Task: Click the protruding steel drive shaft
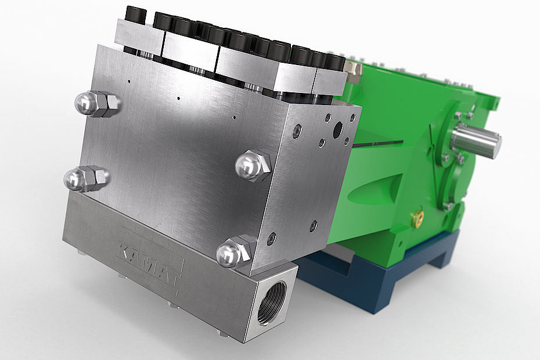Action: coord(477,139)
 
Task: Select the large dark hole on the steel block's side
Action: coord(338,129)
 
